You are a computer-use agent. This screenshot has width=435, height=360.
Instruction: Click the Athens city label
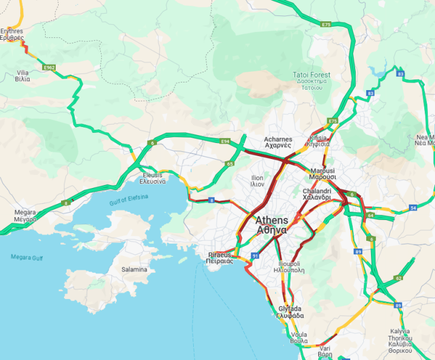[271, 225]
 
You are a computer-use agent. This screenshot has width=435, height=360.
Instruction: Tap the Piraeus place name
[220, 258]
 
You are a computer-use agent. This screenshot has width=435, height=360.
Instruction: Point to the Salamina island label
[134, 269]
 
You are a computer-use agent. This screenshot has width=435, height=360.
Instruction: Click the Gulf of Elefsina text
[129, 200]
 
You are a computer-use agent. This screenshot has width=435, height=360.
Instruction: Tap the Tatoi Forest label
[312, 78]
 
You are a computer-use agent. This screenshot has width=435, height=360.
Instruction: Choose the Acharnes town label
[277, 142]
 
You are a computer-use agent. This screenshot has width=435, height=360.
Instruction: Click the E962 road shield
[49, 68]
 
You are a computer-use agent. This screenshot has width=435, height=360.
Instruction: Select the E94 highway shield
[225, 141]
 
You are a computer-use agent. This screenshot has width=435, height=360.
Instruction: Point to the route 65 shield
[229, 163]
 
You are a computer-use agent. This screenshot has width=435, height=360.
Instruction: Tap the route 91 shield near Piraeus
[255, 256]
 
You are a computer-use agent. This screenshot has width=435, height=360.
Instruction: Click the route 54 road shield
[413, 208]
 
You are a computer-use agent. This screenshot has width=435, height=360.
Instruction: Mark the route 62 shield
[398, 278]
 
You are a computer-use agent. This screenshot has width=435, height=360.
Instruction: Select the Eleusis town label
[157, 179]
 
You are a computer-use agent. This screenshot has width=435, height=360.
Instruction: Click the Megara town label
[25, 215]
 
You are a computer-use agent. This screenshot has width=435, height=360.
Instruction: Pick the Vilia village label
[23, 75]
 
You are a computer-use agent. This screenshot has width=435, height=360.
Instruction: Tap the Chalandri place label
[317, 194]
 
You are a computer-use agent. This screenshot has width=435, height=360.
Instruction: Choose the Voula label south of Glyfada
[299, 337]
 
